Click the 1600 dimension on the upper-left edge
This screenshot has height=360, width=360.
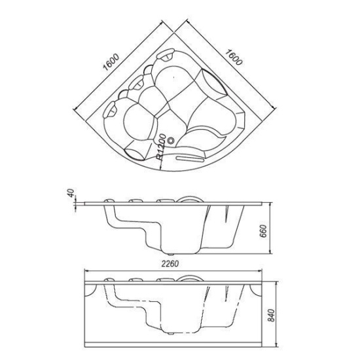coord(111,62)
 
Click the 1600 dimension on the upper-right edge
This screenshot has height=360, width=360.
coord(234,58)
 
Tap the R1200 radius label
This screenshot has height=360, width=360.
coord(161,147)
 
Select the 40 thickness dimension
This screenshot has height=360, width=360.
coord(71,192)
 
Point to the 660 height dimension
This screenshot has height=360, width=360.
coord(264,231)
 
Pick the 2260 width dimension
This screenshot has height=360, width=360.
coord(170,264)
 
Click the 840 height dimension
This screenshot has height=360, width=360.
coord(272,315)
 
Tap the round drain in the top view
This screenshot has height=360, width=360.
coord(171,140)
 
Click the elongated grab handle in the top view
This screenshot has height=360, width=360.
coord(190,158)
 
